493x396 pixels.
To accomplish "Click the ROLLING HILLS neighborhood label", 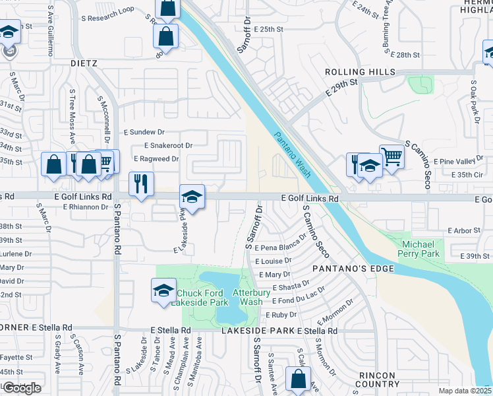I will point(360,72).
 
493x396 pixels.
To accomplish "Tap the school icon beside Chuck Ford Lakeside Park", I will point(163,290).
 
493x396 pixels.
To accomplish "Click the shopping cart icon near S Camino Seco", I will point(391,157).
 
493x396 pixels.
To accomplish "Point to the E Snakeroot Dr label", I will point(168,145).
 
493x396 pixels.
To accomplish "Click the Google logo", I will point(22,388).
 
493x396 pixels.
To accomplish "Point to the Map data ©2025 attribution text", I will point(465,391).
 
